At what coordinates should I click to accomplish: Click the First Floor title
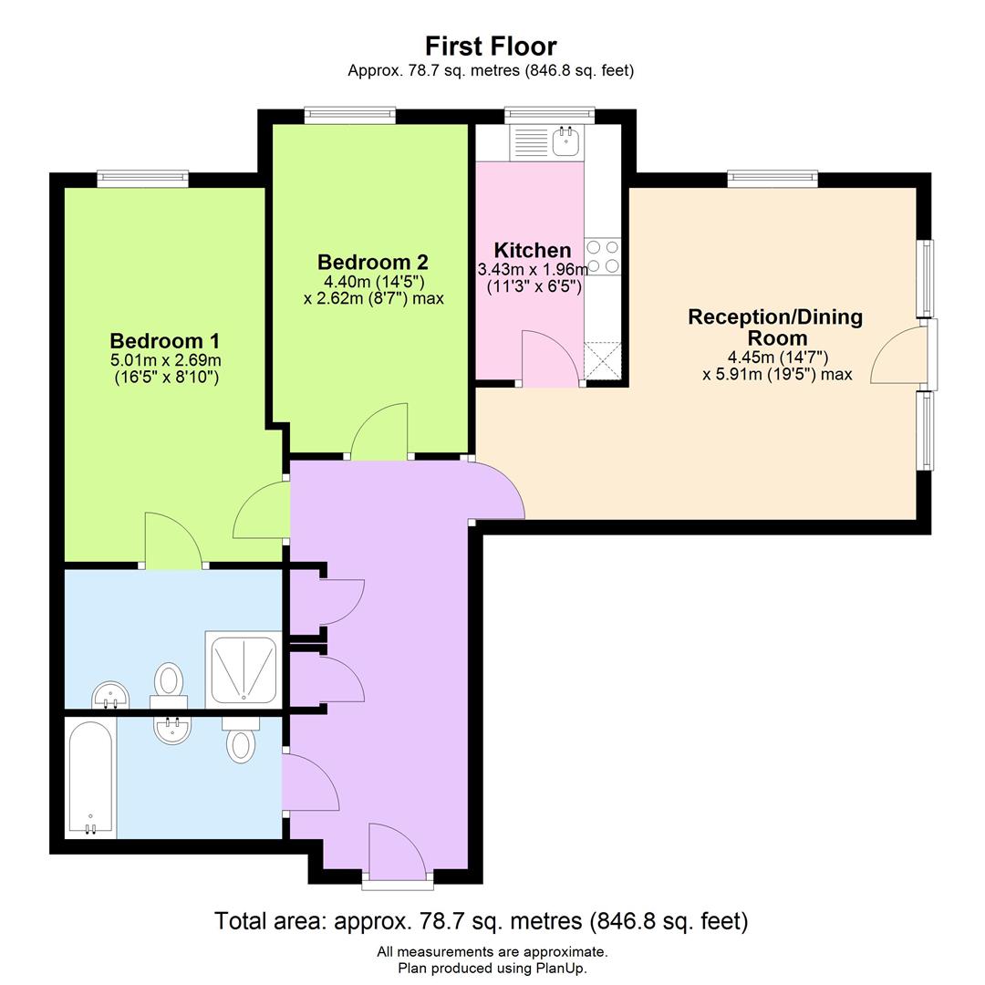point(491,47)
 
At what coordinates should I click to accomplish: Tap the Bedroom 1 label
point(164,341)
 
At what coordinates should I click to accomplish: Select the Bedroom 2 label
point(372,262)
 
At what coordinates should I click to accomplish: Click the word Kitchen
point(533,250)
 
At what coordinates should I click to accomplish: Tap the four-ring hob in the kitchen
point(603,256)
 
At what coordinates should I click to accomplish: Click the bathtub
point(90,777)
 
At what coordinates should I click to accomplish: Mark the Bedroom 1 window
point(143,179)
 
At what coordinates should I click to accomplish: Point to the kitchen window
point(550,115)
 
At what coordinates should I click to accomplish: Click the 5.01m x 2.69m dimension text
point(165,360)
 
